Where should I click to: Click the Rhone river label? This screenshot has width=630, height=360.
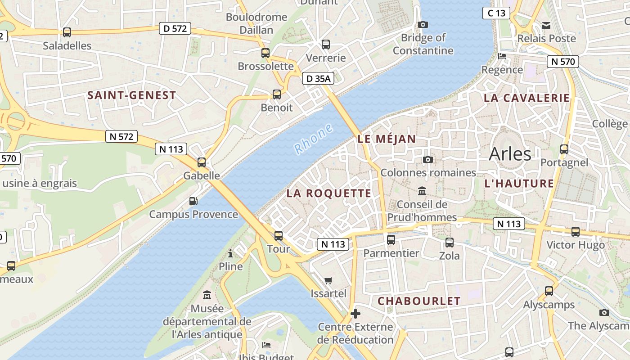(314, 139)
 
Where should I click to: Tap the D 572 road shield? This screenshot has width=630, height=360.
(175, 29)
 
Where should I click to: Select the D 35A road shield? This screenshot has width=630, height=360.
(318, 79)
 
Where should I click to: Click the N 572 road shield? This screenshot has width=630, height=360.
(121, 136)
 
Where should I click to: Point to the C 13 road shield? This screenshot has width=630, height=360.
(496, 13)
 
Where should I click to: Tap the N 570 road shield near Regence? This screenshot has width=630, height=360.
(562, 62)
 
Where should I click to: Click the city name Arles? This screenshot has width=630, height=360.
(510, 154)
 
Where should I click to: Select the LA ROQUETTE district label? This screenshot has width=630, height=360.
(329, 193)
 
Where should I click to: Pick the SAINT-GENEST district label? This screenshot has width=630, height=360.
(132, 95)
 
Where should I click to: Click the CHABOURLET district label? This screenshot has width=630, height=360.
(419, 301)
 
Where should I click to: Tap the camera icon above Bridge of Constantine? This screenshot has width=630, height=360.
(423, 25)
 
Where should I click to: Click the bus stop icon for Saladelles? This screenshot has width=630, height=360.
(67, 32)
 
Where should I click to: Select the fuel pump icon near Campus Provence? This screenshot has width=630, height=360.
(193, 201)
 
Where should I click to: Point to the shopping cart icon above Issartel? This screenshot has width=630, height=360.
(328, 280)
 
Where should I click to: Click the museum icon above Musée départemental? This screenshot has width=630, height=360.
(207, 295)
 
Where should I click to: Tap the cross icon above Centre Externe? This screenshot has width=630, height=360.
(355, 313)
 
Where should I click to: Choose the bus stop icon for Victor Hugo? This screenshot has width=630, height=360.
(576, 232)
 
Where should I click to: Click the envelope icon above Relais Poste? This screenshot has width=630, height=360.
(546, 25)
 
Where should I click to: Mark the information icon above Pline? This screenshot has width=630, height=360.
(230, 253)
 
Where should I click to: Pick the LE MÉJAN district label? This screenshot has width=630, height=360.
(387, 139)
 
